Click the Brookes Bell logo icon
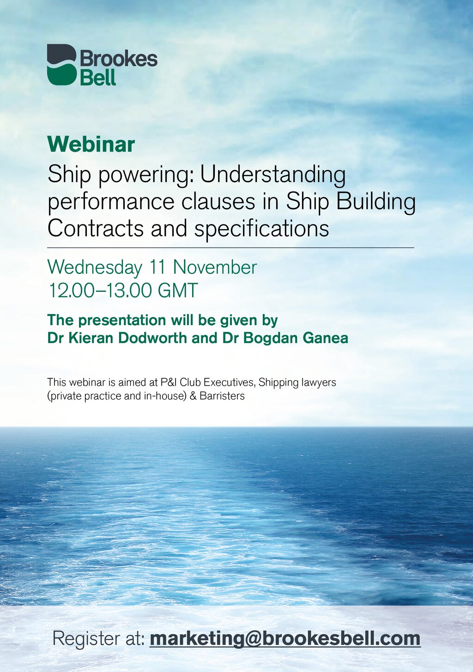62,64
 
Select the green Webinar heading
91,145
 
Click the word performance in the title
111,202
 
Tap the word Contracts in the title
96,228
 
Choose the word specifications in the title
261,229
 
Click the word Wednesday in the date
95,267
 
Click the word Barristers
222,396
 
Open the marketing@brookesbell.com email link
285,637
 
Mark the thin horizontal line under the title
230,248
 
